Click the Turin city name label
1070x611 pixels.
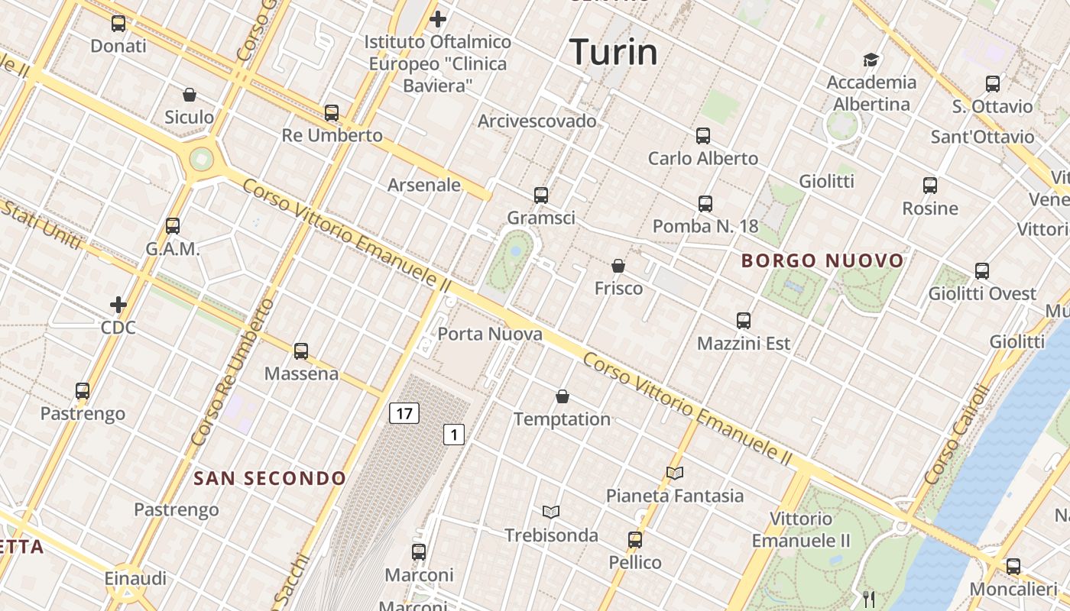pyautogui.click(x=614, y=52)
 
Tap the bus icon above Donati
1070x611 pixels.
pyautogui.click(x=118, y=24)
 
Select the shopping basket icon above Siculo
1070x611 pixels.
pyautogui.click(x=190, y=95)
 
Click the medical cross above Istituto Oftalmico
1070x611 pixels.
pyautogui.click(x=438, y=18)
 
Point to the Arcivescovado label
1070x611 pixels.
pyautogui.click(x=537, y=121)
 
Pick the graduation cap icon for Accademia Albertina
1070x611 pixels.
pyautogui.click(x=871, y=60)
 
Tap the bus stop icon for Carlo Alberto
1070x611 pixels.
pyautogui.click(x=703, y=136)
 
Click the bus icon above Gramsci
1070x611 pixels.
pyautogui.click(x=541, y=196)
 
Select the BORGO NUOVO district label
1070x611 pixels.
pyautogui.click(x=822, y=261)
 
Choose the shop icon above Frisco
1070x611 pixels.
pyautogui.click(x=618, y=266)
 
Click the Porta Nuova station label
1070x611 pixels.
pyautogui.click(x=490, y=334)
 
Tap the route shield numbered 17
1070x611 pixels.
pyautogui.click(x=404, y=414)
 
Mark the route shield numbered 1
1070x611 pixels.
pyautogui.click(x=454, y=435)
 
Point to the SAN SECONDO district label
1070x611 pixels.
pyautogui.click(x=270, y=479)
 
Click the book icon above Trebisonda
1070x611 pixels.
pyautogui.click(x=551, y=512)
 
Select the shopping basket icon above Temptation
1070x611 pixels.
pyautogui.click(x=563, y=396)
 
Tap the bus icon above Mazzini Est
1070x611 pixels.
pyautogui.click(x=744, y=321)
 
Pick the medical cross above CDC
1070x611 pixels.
pyautogui.click(x=118, y=305)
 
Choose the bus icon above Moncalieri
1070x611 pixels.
pyautogui.click(x=1013, y=567)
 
